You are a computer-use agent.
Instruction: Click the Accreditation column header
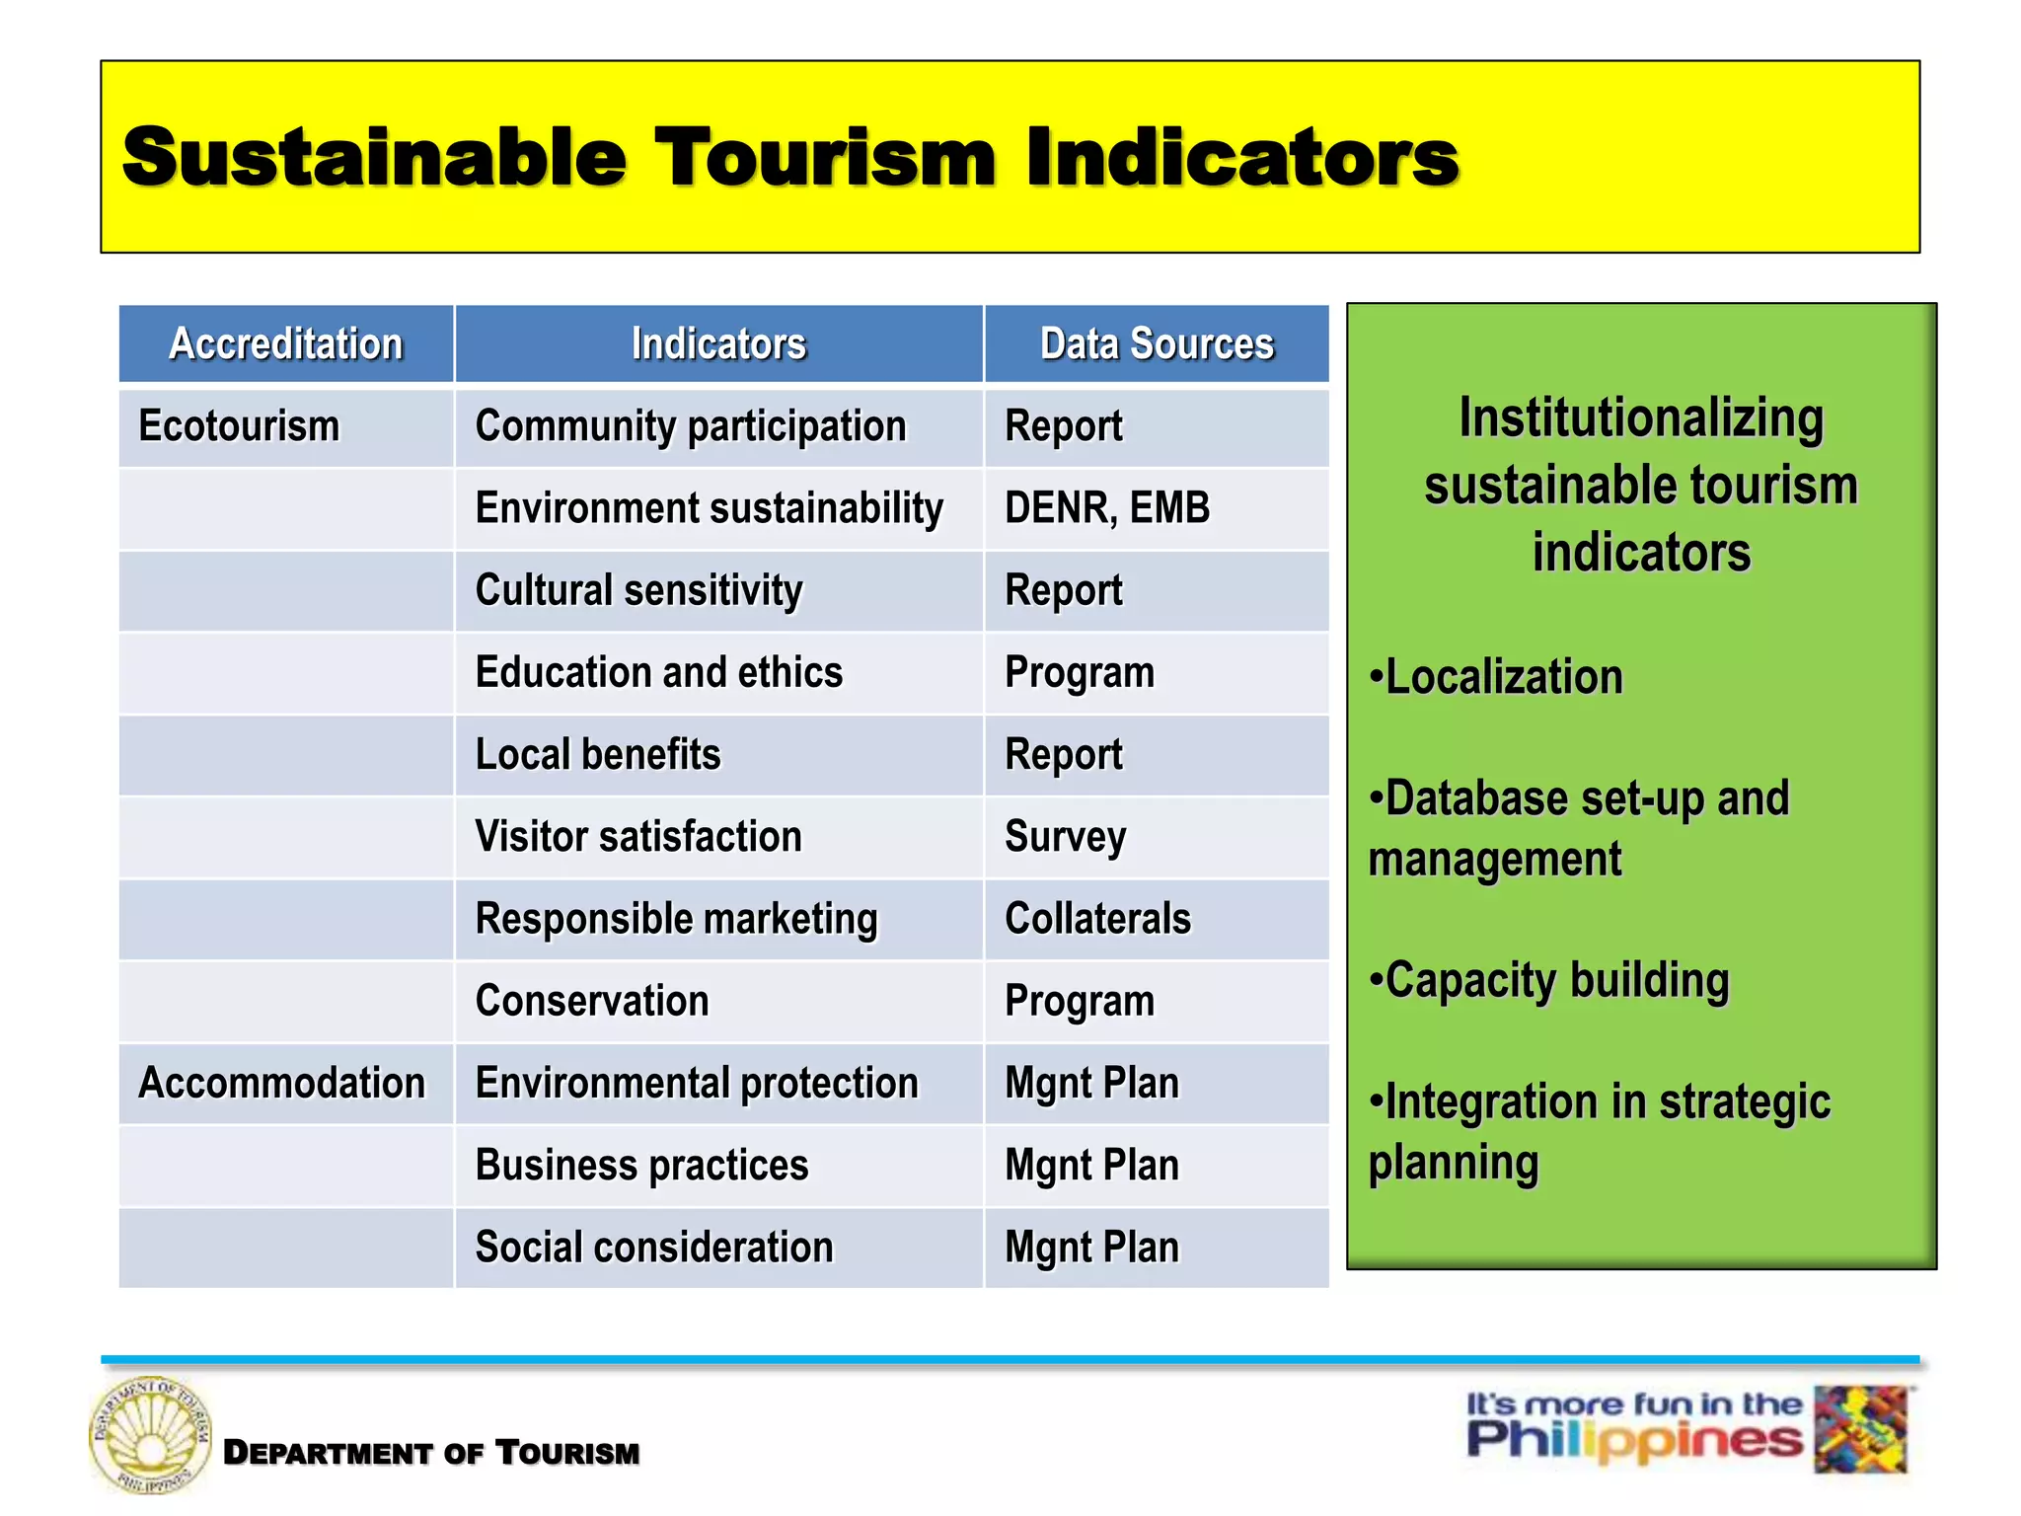pyautogui.click(x=286, y=343)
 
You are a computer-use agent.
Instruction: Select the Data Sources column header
pyautogui.click(x=1157, y=343)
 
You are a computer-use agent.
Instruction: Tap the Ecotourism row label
pyautogui.click(x=239, y=426)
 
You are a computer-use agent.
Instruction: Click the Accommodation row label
pyautogui.click(x=282, y=1083)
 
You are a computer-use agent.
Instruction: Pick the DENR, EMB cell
pyautogui.click(x=1107, y=508)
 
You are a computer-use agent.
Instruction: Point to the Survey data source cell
pyautogui.click(x=1065, y=837)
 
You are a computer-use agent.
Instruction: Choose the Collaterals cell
pyautogui.click(x=1097, y=919)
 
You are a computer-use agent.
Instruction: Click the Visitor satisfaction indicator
pyautogui.click(x=638, y=837)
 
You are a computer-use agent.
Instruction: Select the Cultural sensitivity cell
pyautogui.click(x=638, y=590)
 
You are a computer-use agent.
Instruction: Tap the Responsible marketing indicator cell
pyautogui.click(x=676, y=919)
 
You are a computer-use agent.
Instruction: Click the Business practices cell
pyautogui.click(x=641, y=1166)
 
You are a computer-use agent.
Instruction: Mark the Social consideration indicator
pyautogui.click(x=654, y=1248)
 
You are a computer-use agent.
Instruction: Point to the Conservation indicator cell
pyautogui.click(x=592, y=1001)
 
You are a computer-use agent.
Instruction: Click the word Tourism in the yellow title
pyautogui.click(x=825, y=157)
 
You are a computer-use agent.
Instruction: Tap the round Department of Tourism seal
pyautogui.click(x=150, y=1434)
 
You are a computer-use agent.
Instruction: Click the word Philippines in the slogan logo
pyautogui.click(x=1633, y=1442)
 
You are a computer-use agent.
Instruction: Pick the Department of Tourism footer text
pyautogui.click(x=431, y=1453)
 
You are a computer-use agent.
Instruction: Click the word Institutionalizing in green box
pyautogui.click(x=1641, y=417)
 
